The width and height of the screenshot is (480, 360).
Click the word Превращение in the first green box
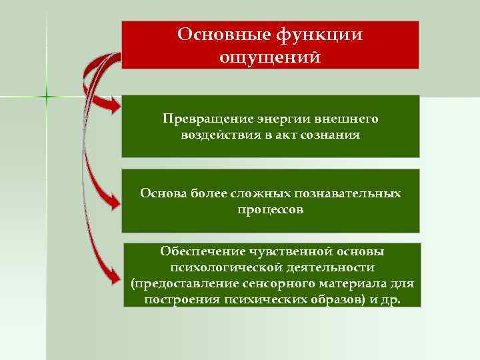(x=203, y=119)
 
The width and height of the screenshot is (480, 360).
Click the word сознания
(x=332, y=135)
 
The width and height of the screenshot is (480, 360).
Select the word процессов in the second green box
(x=270, y=209)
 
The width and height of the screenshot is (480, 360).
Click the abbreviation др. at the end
(x=389, y=299)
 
